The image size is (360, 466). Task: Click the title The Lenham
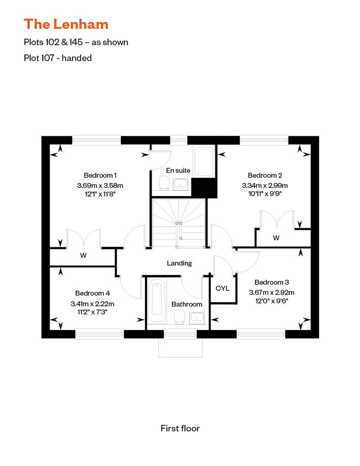click(x=66, y=23)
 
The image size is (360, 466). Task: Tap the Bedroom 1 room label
click(x=100, y=175)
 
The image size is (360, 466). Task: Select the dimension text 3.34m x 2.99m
click(x=265, y=185)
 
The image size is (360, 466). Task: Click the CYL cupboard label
click(x=223, y=288)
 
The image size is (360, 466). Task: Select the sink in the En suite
click(x=181, y=184)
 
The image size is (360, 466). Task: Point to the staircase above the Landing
click(x=179, y=223)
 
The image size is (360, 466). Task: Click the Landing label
click(x=179, y=263)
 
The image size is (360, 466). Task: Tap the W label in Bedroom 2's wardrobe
click(x=276, y=238)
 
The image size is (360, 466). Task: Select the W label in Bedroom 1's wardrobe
click(x=83, y=255)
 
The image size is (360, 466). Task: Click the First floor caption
click(x=180, y=428)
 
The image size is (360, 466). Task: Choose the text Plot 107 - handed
click(x=58, y=58)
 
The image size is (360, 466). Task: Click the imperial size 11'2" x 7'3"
click(x=92, y=312)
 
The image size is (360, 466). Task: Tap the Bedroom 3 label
click(x=271, y=282)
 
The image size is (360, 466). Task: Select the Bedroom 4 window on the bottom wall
click(x=99, y=334)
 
